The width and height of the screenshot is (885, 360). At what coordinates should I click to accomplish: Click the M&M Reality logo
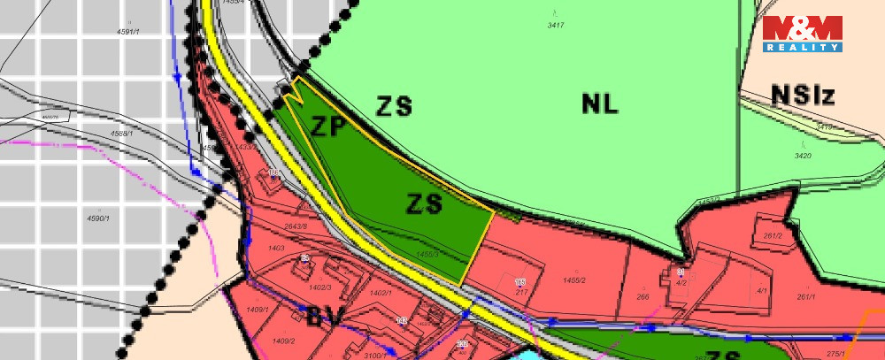pyautogui.click(x=803, y=34)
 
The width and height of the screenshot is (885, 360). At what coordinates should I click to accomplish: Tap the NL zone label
pyautogui.click(x=600, y=103)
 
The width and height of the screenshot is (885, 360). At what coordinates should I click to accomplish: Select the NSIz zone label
pyautogui.click(x=803, y=96)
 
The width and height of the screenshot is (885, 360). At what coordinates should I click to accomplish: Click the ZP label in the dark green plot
pyautogui.click(x=327, y=126)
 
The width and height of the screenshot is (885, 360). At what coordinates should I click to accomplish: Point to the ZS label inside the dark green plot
pyautogui.click(x=424, y=204)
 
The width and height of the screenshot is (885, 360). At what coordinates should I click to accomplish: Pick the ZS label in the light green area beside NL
pyautogui.click(x=394, y=107)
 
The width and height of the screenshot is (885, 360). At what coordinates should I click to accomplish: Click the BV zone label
pyautogui.click(x=325, y=317)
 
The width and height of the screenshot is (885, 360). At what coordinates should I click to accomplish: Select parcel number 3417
pyautogui.click(x=556, y=26)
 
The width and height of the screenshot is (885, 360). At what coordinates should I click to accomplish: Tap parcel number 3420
pyautogui.click(x=803, y=156)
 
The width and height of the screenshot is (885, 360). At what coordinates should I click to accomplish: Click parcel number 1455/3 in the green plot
pyautogui.click(x=427, y=254)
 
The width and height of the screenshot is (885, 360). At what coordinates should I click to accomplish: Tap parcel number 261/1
pyautogui.click(x=805, y=297)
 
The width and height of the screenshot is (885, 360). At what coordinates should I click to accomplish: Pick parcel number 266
pyautogui.click(x=643, y=297)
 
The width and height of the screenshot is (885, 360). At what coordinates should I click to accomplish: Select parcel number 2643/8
pyautogui.click(x=295, y=227)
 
